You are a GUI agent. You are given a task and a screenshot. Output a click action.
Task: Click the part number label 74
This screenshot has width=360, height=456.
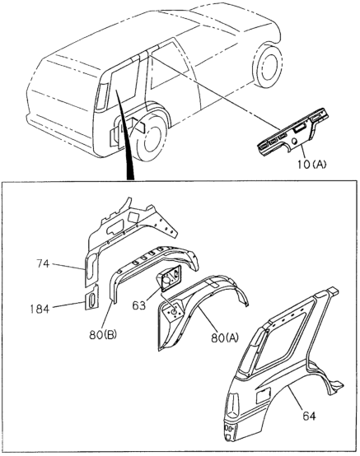click(43, 264)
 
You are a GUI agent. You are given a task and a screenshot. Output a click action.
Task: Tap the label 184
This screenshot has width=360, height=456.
click(40, 309)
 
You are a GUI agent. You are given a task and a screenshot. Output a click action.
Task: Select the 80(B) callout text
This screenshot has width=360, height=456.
click(103, 335)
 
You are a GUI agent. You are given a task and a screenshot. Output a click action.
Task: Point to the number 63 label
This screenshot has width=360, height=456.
click(139, 305)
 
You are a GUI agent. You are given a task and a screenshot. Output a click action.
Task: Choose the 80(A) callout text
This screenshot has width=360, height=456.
click(225, 337)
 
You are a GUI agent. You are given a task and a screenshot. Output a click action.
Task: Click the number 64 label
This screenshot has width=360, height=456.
click(309, 416)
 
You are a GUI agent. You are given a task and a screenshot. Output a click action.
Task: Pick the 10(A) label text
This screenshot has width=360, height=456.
click(312, 165)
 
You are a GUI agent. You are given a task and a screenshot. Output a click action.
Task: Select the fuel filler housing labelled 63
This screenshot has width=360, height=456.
click(170, 278)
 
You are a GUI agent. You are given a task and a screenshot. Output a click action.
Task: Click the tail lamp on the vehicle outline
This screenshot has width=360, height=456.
click(101, 96)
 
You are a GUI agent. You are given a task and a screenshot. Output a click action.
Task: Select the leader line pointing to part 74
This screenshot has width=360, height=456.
click(68, 267)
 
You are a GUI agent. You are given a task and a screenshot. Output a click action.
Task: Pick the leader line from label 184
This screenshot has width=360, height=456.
click(68, 305)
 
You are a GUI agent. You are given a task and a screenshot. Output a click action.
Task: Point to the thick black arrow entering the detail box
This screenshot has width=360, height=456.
click(126, 136)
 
